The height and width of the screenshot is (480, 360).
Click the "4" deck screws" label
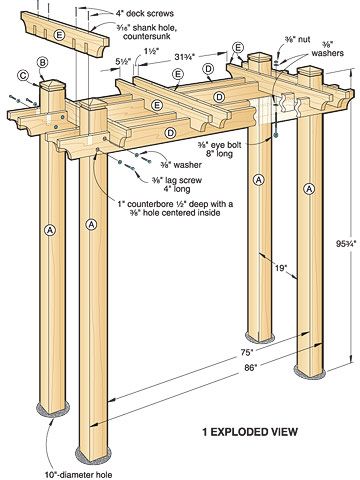click(x=145, y=13)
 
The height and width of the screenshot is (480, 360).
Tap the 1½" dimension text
click(x=151, y=51)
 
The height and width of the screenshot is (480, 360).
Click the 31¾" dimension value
click(x=185, y=57)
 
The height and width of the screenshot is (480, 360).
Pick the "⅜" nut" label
click(x=297, y=39)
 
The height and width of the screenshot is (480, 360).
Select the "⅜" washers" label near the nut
click(x=328, y=49)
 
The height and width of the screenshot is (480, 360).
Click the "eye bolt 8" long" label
click(x=219, y=149)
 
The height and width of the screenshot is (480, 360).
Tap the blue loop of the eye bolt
click(x=275, y=135)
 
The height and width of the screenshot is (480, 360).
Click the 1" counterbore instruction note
click(x=175, y=208)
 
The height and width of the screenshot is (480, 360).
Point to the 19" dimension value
click(x=281, y=267)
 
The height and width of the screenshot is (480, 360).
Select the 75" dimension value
click(x=247, y=352)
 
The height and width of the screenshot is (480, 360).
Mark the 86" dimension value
click(x=250, y=368)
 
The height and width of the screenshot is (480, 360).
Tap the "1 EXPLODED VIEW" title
click(x=250, y=432)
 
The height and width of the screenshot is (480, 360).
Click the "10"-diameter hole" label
click(x=79, y=475)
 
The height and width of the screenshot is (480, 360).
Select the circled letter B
click(x=42, y=62)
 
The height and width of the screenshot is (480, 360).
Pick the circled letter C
click(x=23, y=76)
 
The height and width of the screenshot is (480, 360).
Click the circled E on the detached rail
click(x=59, y=35)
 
